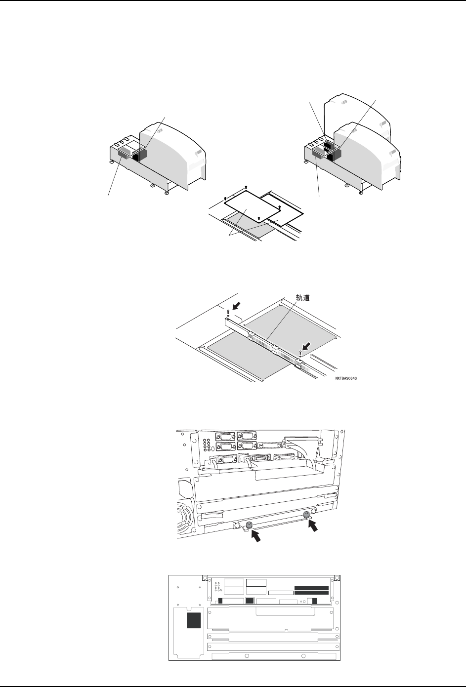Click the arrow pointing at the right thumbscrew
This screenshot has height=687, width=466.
(314, 527)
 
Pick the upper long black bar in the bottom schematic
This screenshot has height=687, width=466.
(311, 588)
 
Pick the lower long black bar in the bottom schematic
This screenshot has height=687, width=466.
(311, 593)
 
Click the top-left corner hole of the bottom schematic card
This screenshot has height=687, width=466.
(204, 578)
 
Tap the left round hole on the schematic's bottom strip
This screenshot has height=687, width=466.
(247, 656)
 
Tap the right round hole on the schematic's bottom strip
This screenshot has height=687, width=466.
(302, 656)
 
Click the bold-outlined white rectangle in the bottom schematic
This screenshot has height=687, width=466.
(256, 583)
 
